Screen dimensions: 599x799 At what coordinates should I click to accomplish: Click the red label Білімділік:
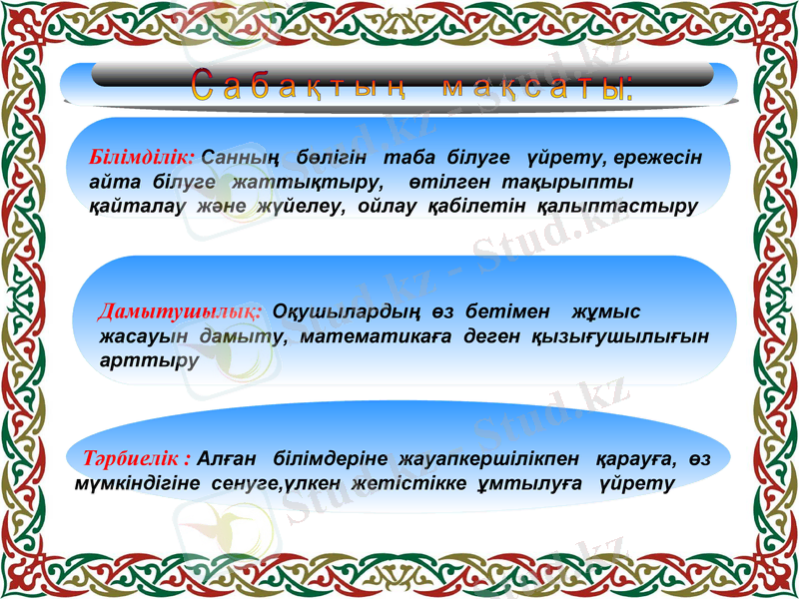coord(141,158)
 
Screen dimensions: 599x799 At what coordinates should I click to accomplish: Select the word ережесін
coord(658,158)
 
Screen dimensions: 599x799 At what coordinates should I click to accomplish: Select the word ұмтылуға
coord(522,483)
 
